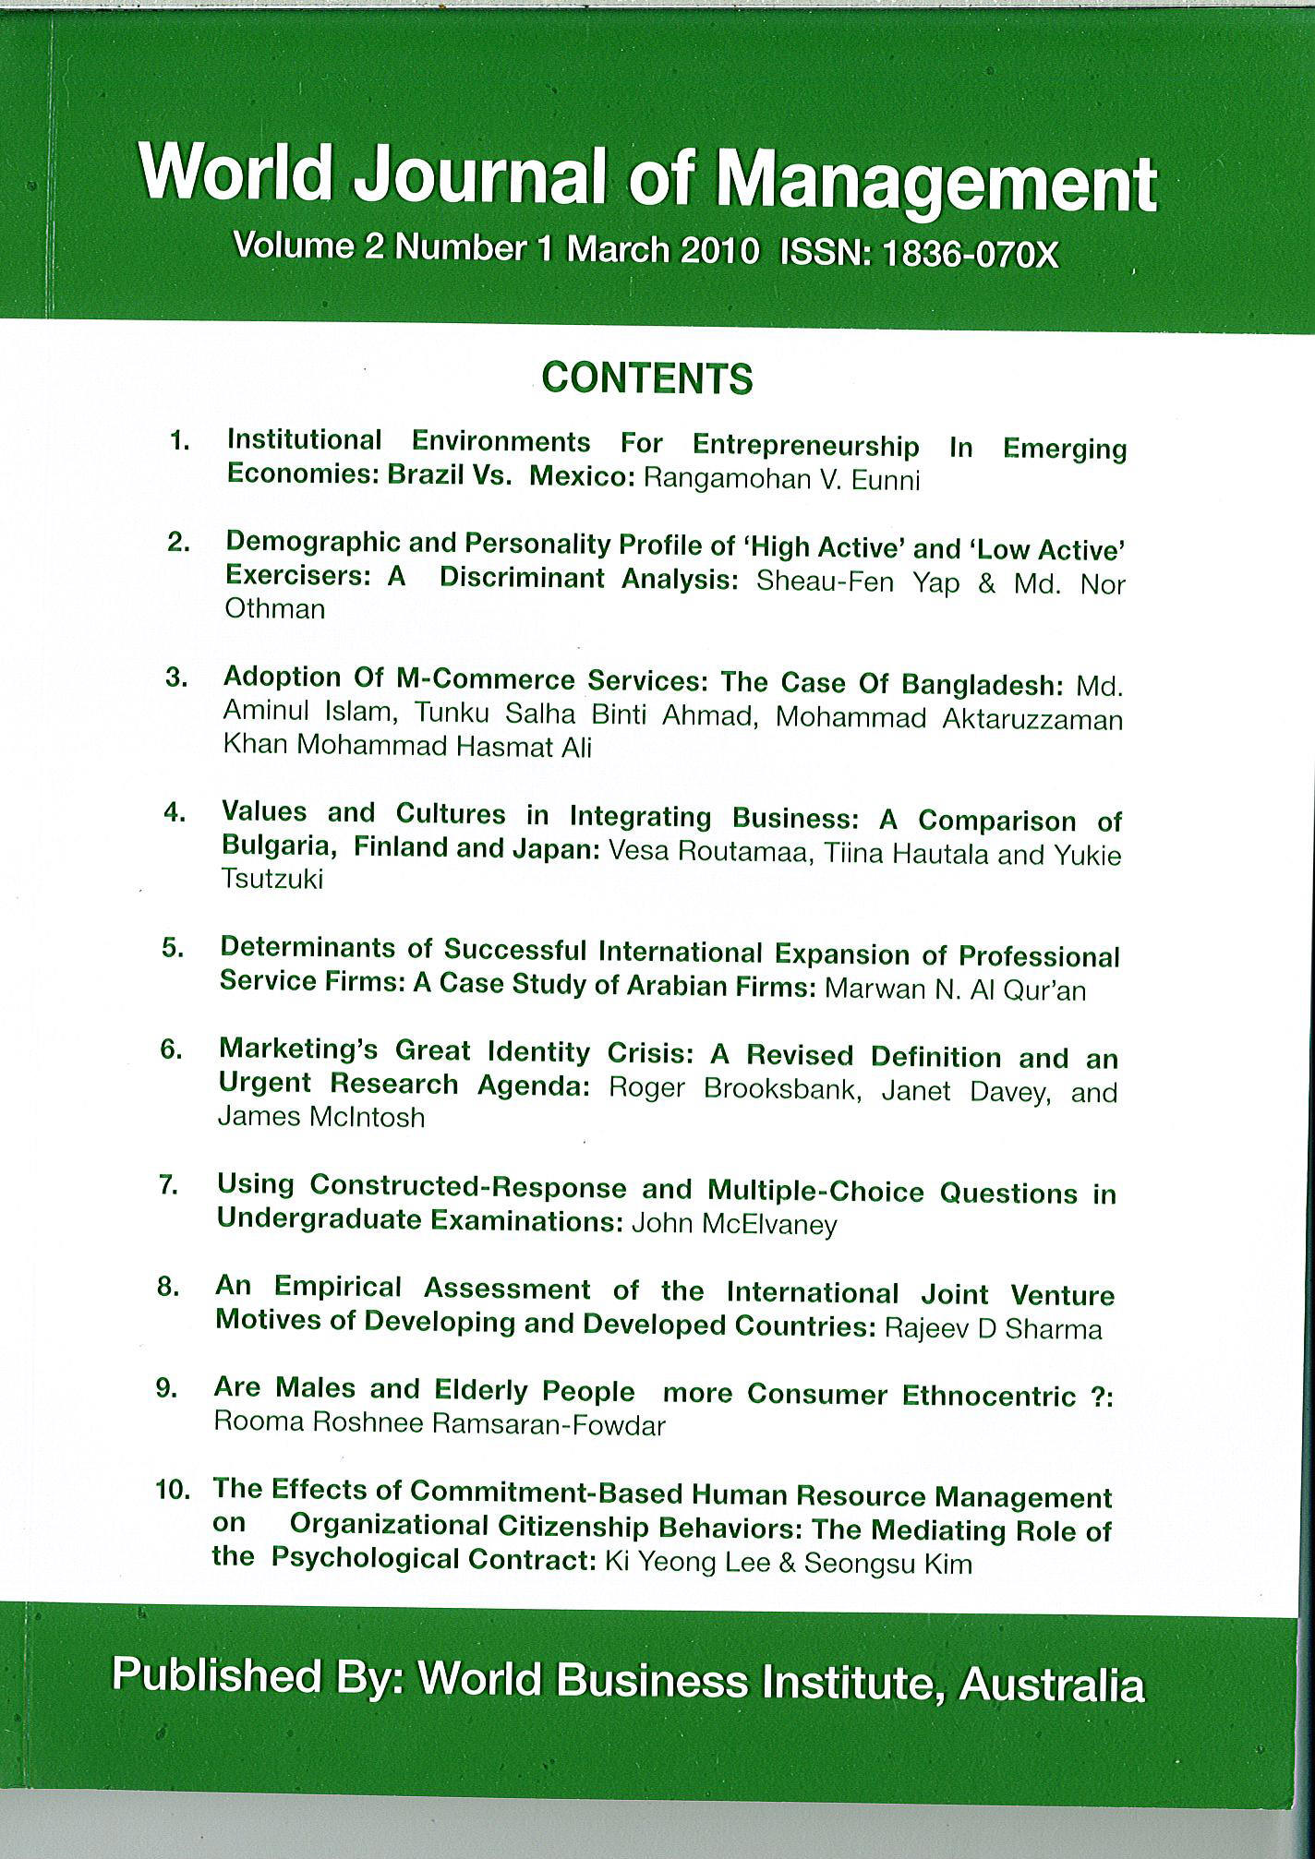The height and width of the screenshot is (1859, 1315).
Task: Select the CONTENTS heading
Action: point(647,378)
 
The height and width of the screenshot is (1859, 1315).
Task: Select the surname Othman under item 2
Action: point(275,609)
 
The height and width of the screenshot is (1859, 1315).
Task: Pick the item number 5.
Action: point(174,948)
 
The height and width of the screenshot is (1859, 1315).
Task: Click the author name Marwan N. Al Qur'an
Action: point(955,990)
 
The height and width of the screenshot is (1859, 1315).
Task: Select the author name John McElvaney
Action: point(734,1225)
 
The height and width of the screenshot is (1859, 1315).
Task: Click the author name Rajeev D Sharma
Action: point(993,1329)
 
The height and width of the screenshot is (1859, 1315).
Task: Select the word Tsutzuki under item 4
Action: point(272,880)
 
